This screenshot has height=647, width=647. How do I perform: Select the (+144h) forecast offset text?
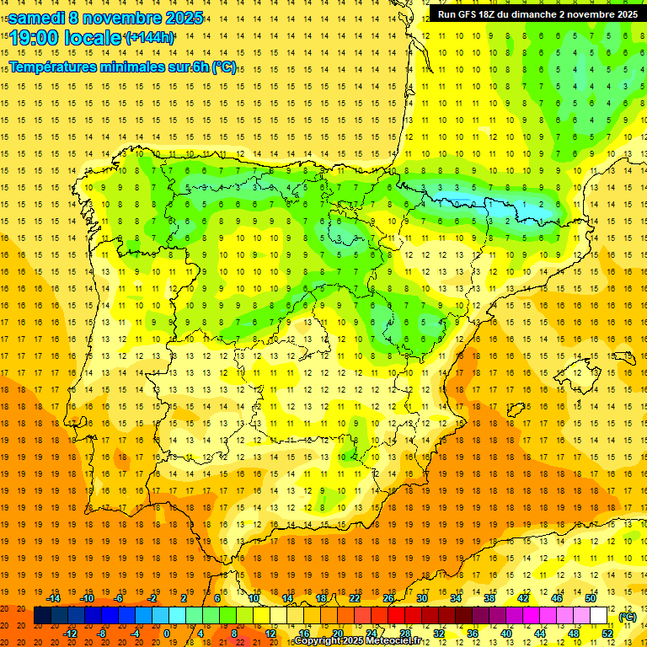150,38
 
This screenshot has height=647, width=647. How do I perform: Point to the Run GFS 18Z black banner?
537,13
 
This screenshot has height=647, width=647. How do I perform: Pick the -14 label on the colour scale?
53,598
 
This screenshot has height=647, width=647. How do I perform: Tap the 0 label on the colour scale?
167,634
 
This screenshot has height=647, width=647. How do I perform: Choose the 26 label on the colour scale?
388,598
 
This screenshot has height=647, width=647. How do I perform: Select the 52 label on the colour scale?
607,634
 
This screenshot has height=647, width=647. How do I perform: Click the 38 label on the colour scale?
489,598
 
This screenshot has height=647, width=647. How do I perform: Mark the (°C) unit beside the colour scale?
628,617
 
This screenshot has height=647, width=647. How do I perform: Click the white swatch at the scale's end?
598,616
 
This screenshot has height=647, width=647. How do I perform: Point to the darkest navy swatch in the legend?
42,616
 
